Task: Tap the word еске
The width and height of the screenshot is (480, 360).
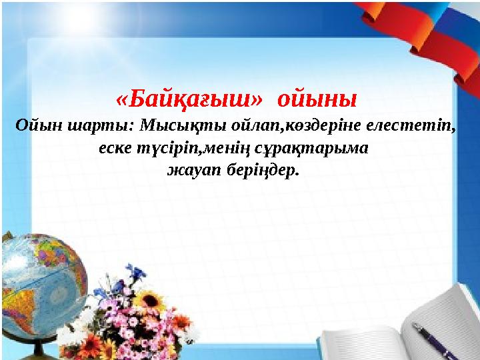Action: pyautogui.click(x=114, y=147)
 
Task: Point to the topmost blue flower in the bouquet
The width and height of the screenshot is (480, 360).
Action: pyautogui.click(x=136, y=271)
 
